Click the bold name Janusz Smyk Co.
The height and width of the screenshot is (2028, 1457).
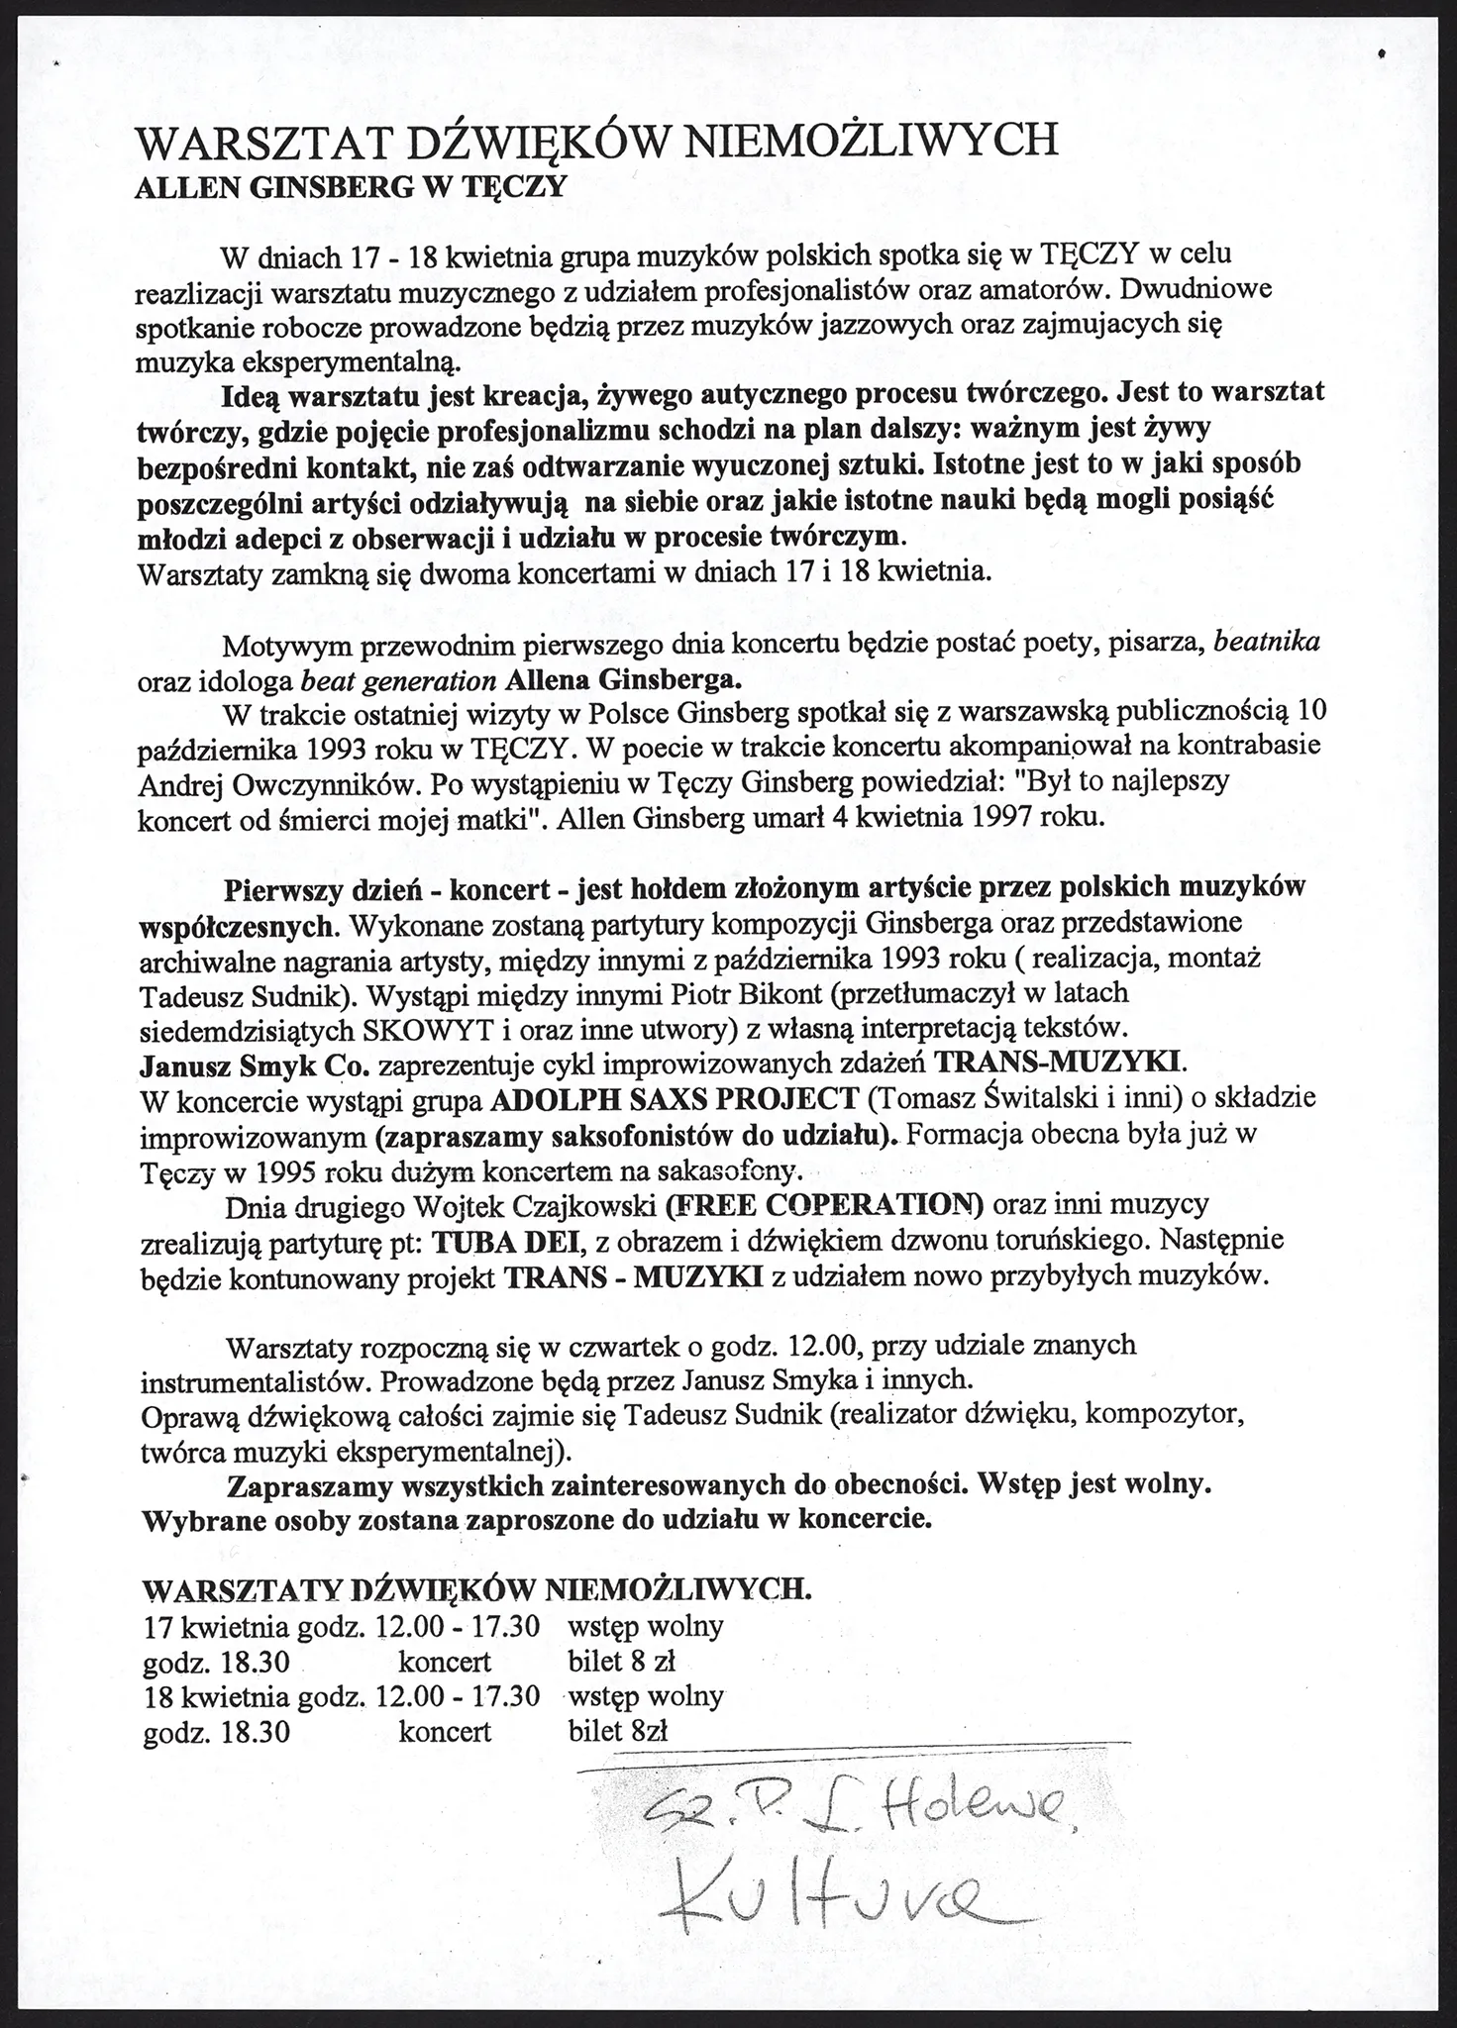click(x=256, y=1065)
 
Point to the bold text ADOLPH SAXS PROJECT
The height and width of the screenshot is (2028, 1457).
click(x=675, y=1099)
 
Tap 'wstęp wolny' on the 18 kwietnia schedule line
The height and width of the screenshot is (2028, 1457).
click(x=645, y=1696)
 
